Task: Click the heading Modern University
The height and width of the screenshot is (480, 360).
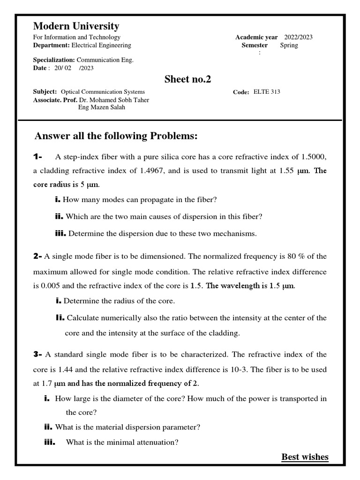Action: pyautogui.click(x=76, y=26)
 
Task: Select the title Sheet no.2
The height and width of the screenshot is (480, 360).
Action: pyautogui.click(x=187, y=79)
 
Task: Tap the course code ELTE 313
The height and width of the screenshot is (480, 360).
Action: pyautogui.click(x=267, y=92)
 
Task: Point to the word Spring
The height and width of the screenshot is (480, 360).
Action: pyautogui.click(x=289, y=45)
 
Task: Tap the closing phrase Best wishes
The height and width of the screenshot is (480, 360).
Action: pyautogui.click(x=305, y=457)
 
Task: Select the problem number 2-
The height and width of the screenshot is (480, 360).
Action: pyautogui.click(x=37, y=256)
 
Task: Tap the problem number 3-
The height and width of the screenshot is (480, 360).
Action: pyautogui.click(x=37, y=354)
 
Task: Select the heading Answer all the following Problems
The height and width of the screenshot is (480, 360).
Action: pyautogui.click(x=116, y=136)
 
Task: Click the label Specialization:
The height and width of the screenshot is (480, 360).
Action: pyautogui.click(x=54, y=60)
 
